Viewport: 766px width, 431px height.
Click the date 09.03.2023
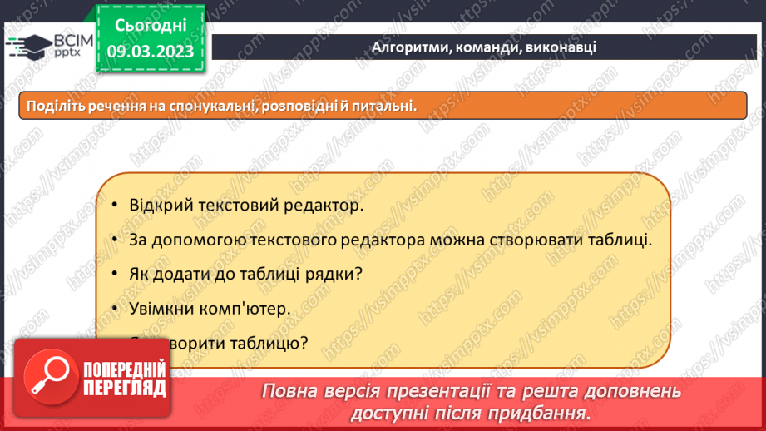click(150, 51)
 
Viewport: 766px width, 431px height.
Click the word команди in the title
click(490, 47)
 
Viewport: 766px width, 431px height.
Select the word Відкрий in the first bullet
click(157, 206)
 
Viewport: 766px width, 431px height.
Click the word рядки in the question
click(336, 274)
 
